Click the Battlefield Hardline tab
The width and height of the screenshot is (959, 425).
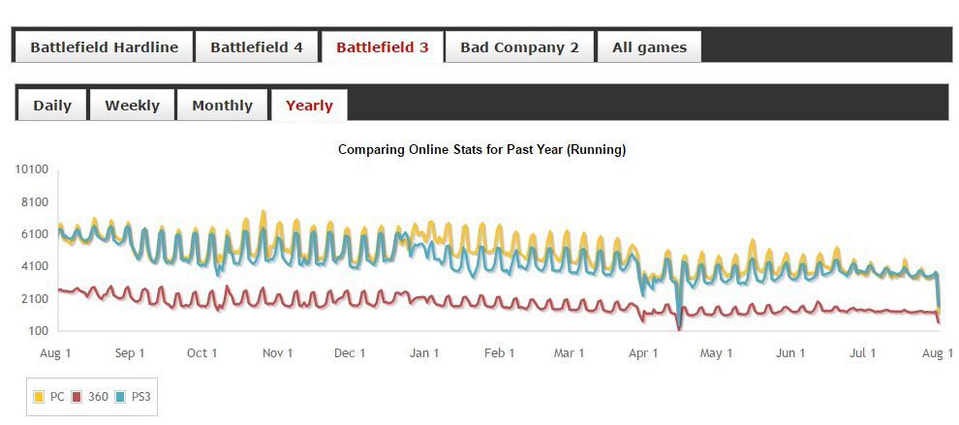[x=104, y=46]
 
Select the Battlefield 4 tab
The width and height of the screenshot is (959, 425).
[x=257, y=46]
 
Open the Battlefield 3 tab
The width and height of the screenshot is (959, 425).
[x=382, y=46]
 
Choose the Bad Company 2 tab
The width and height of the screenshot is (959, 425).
[x=519, y=46]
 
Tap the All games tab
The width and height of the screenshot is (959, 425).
[x=649, y=46]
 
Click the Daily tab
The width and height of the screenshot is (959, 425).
[x=52, y=106]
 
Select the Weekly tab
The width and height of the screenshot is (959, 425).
[x=132, y=106]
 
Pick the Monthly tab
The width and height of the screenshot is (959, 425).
[x=222, y=106]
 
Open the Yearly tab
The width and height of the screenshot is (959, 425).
[x=309, y=106]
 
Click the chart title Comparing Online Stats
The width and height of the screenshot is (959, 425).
[x=481, y=150]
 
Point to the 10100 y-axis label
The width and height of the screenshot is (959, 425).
[x=32, y=169]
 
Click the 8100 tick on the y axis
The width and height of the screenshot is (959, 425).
[x=35, y=201]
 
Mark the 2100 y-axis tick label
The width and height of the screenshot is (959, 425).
[x=35, y=298]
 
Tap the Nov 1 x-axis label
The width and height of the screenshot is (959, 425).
[x=277, y=353]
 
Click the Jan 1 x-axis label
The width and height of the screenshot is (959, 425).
[x=424, y=353]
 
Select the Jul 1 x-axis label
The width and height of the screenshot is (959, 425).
[x=864, y=353]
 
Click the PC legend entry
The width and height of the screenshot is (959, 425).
[x=51, y=396]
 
